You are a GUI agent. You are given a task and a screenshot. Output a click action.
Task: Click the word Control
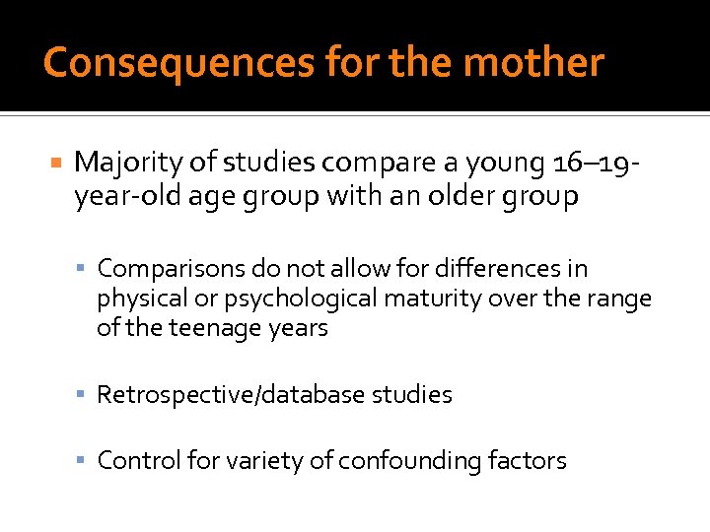[133, 460]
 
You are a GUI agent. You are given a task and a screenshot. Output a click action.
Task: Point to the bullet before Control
[86, 460]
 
